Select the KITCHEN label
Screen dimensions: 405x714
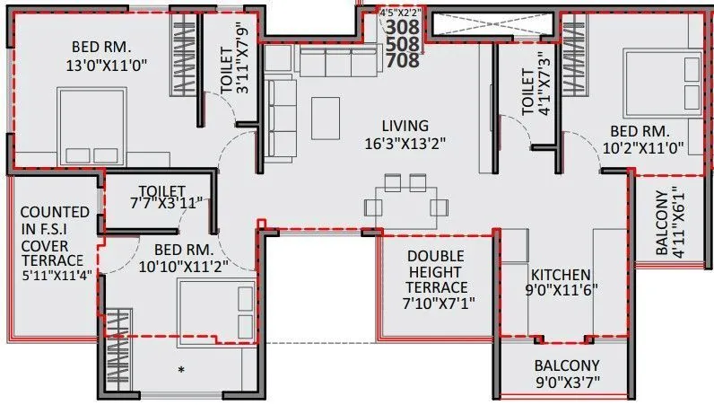tap(559, 274)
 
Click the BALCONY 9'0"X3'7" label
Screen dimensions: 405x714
tap(567, 374)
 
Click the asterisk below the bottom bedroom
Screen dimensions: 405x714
tap(183, 370)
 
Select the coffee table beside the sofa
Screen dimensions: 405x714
tap(326, 112)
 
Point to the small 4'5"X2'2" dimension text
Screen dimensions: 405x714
tap(401, 13)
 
